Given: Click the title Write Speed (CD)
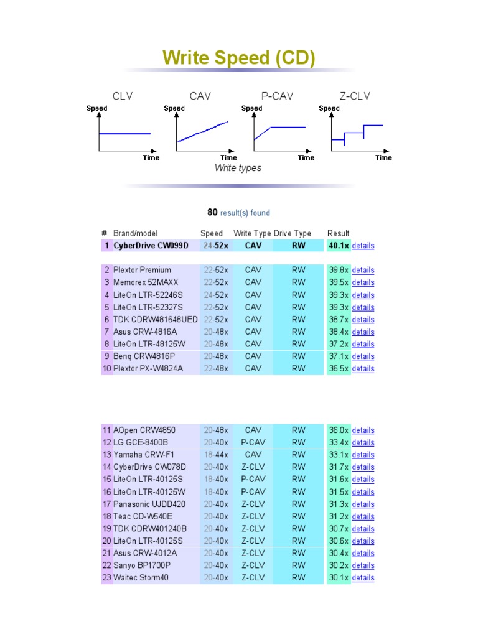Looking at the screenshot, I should pyautogui.click(x=239, y=58).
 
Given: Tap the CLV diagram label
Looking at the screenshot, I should pyautogui.click(x=123, y=96).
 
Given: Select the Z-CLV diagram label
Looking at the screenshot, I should pyautogui.click(x=355, y=96).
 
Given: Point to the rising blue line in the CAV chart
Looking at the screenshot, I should pyautogui.click(x=202, y=131).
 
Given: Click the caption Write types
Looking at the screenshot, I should pyautogui.click(x=238, y=168).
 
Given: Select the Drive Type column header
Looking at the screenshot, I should pyautogui.click(x=293, y=233).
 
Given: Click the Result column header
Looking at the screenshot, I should pyautogui.click(x=339, y=233).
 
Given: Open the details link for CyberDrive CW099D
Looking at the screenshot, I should pyautogui.click(x=363, y=246).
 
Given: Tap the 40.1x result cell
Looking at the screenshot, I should pyautogui.click(x=339, y=246).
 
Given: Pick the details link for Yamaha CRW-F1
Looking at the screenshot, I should pyautogui.click(x=363, y=455).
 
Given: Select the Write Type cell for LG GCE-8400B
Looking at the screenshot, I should pyautogui.click(x=253, y=442).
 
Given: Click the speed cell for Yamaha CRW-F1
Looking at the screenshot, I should pyautogui.click(x=216, y=455).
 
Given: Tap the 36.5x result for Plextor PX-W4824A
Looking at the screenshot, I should pyautogui.click(x=339, y=368).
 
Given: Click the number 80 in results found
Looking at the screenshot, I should pyautogui.click(x=212, y=212).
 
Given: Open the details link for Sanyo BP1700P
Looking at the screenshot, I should pyautogui.click(x=363, y=565).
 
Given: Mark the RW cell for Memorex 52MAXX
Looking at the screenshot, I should pyautogui.click(x=299, y=282).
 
